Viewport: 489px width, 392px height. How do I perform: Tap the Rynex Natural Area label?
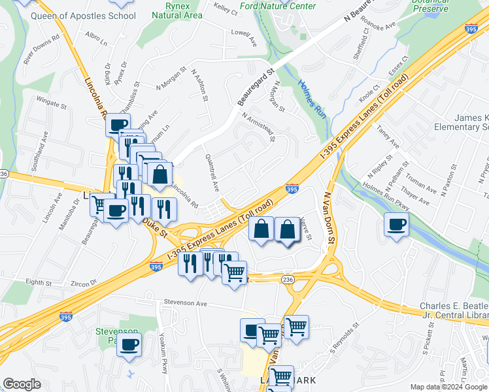point(177,10)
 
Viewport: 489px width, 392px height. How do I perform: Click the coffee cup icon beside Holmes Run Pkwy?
point(396,224)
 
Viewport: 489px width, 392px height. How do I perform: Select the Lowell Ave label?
point(243,36)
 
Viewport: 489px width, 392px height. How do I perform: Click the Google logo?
point(22,384)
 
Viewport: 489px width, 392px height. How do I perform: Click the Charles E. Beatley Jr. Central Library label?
point(454,312)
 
